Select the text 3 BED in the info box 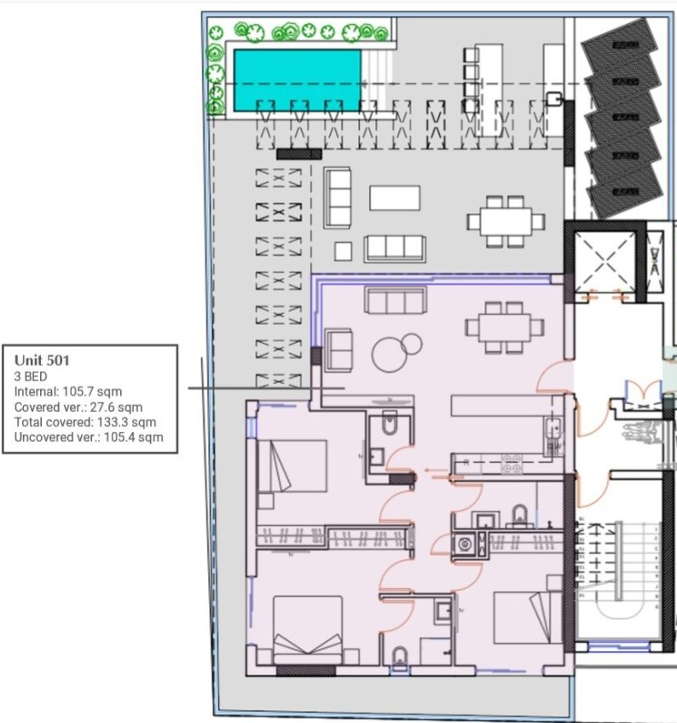31,376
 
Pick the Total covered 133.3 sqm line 85,422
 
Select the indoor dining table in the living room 504,327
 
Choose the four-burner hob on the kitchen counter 512,465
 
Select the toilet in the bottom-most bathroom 400,656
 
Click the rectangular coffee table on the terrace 395,198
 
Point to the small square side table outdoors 343,251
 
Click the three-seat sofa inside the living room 395,300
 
